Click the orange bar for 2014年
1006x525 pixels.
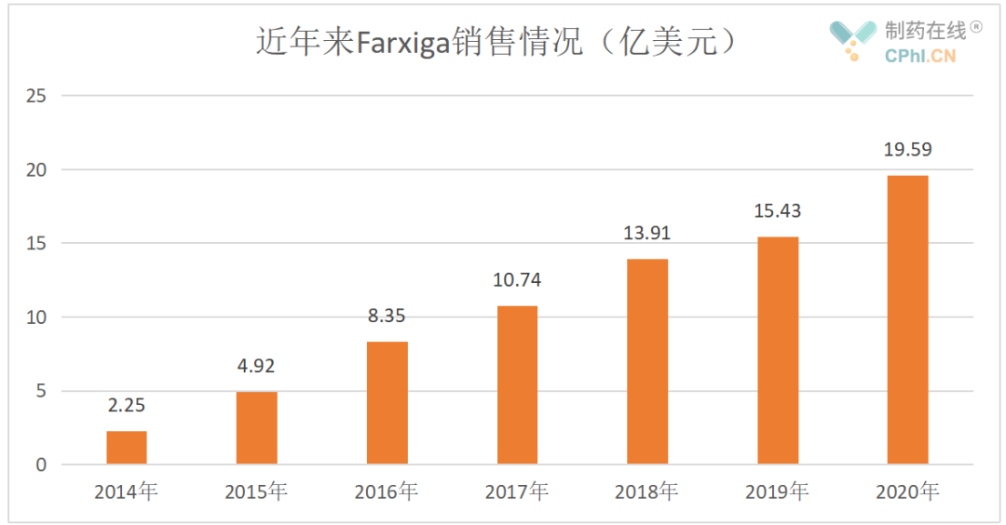pyautogui.click(x=126, y=448)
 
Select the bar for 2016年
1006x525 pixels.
pyautogui.click(x=387, y=403)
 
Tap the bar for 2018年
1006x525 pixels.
pyautogui.click(x=647, y=361)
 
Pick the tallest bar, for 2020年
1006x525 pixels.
pyautogui.click(x=907, y=319)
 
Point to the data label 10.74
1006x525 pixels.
pyautogui.click(x=517, y=279)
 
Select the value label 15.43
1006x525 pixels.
pyautogui.click(x=777, y=211)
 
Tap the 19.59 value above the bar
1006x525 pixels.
pyautogui.click(x=907, y=149)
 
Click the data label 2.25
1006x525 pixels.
pyautogui.click(x=127, y=405)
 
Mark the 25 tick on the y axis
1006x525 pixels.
pyautogui.click(x=36, y=96)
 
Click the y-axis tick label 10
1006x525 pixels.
pyautogui.click(x=36, y=317)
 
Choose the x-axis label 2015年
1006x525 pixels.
pyautogui.click(x=256, y=491)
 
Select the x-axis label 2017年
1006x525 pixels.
pyautogui.click(x=517, y=491)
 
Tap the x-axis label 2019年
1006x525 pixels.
pyautogui.click(x=777, y=491)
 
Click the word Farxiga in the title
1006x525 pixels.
pyautogui.click(x=402, y=43)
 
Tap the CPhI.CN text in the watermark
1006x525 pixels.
pyautogui.click(x=919, y=57)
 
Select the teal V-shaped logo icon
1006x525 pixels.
pyautogui.click(x=852, y=34)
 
